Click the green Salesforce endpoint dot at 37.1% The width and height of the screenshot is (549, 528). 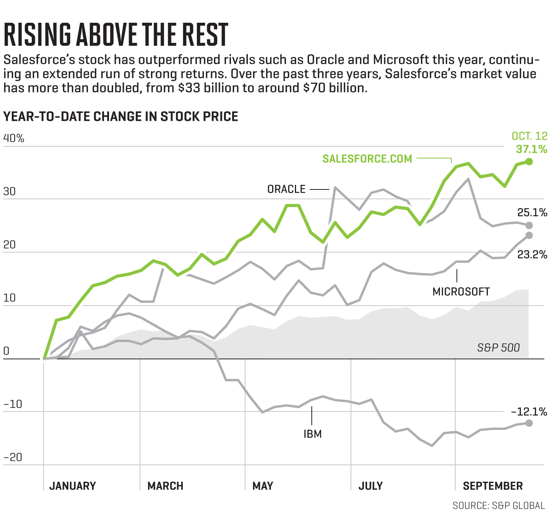[529, 162]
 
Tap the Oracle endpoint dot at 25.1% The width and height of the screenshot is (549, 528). [529, 225]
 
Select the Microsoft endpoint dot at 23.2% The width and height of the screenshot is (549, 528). [529, 235]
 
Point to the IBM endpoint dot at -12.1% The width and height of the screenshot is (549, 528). [529, 423]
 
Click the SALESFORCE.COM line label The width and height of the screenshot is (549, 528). [367, 159]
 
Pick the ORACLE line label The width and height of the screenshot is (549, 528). [286, 189]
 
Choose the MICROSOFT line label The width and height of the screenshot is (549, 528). [461, 291]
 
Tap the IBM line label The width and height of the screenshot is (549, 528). [313, 434]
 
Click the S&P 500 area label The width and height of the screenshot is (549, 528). [498, 348]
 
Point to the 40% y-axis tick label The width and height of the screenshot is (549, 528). [14, 138]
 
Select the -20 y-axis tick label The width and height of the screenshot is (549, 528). [13, 457]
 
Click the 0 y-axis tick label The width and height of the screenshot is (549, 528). [6, 351]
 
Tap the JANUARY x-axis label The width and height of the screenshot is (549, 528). [73, 486]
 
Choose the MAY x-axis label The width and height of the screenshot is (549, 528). [263, 486]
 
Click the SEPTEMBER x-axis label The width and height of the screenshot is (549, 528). [493, 486]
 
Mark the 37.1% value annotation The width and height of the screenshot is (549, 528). [531, 149]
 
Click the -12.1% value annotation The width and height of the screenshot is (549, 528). [529, 411]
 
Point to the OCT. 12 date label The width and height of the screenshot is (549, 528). [529, 136]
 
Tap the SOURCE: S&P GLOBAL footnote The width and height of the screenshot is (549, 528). [498, 506]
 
